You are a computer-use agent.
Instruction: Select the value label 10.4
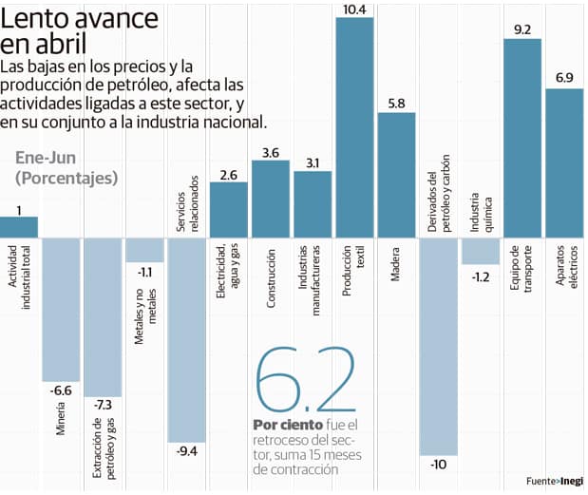(x=354, y=9)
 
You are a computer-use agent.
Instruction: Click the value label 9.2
(x=522, y=29)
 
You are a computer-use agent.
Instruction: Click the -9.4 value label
(x=187, y=451)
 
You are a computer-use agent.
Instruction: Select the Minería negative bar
(x=61, y=308)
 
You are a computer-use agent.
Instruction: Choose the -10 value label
(x=438, y=465)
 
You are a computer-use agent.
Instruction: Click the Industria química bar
(x=480, y=250)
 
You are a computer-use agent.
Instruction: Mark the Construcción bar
(x=271, y=198)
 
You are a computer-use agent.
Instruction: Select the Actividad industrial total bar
(x=19, y=226)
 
